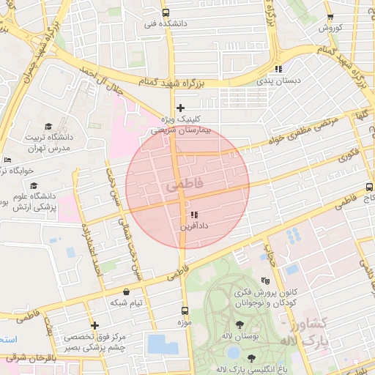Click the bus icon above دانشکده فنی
pos(166,12)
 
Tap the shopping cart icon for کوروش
pos(330,17)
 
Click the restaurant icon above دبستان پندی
pos(278,69)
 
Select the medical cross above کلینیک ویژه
pos(180,108)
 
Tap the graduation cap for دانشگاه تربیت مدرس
pos(48,126)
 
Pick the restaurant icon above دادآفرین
pos(193,215)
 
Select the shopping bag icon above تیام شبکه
pos(127,291)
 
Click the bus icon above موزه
pos(184,310)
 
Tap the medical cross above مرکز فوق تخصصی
pos(94,325)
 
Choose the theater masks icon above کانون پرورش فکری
pos(265,281)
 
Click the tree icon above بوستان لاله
pos(241,324)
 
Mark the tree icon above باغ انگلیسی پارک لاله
pos(252,357)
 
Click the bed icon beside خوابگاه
pos(7,160)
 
